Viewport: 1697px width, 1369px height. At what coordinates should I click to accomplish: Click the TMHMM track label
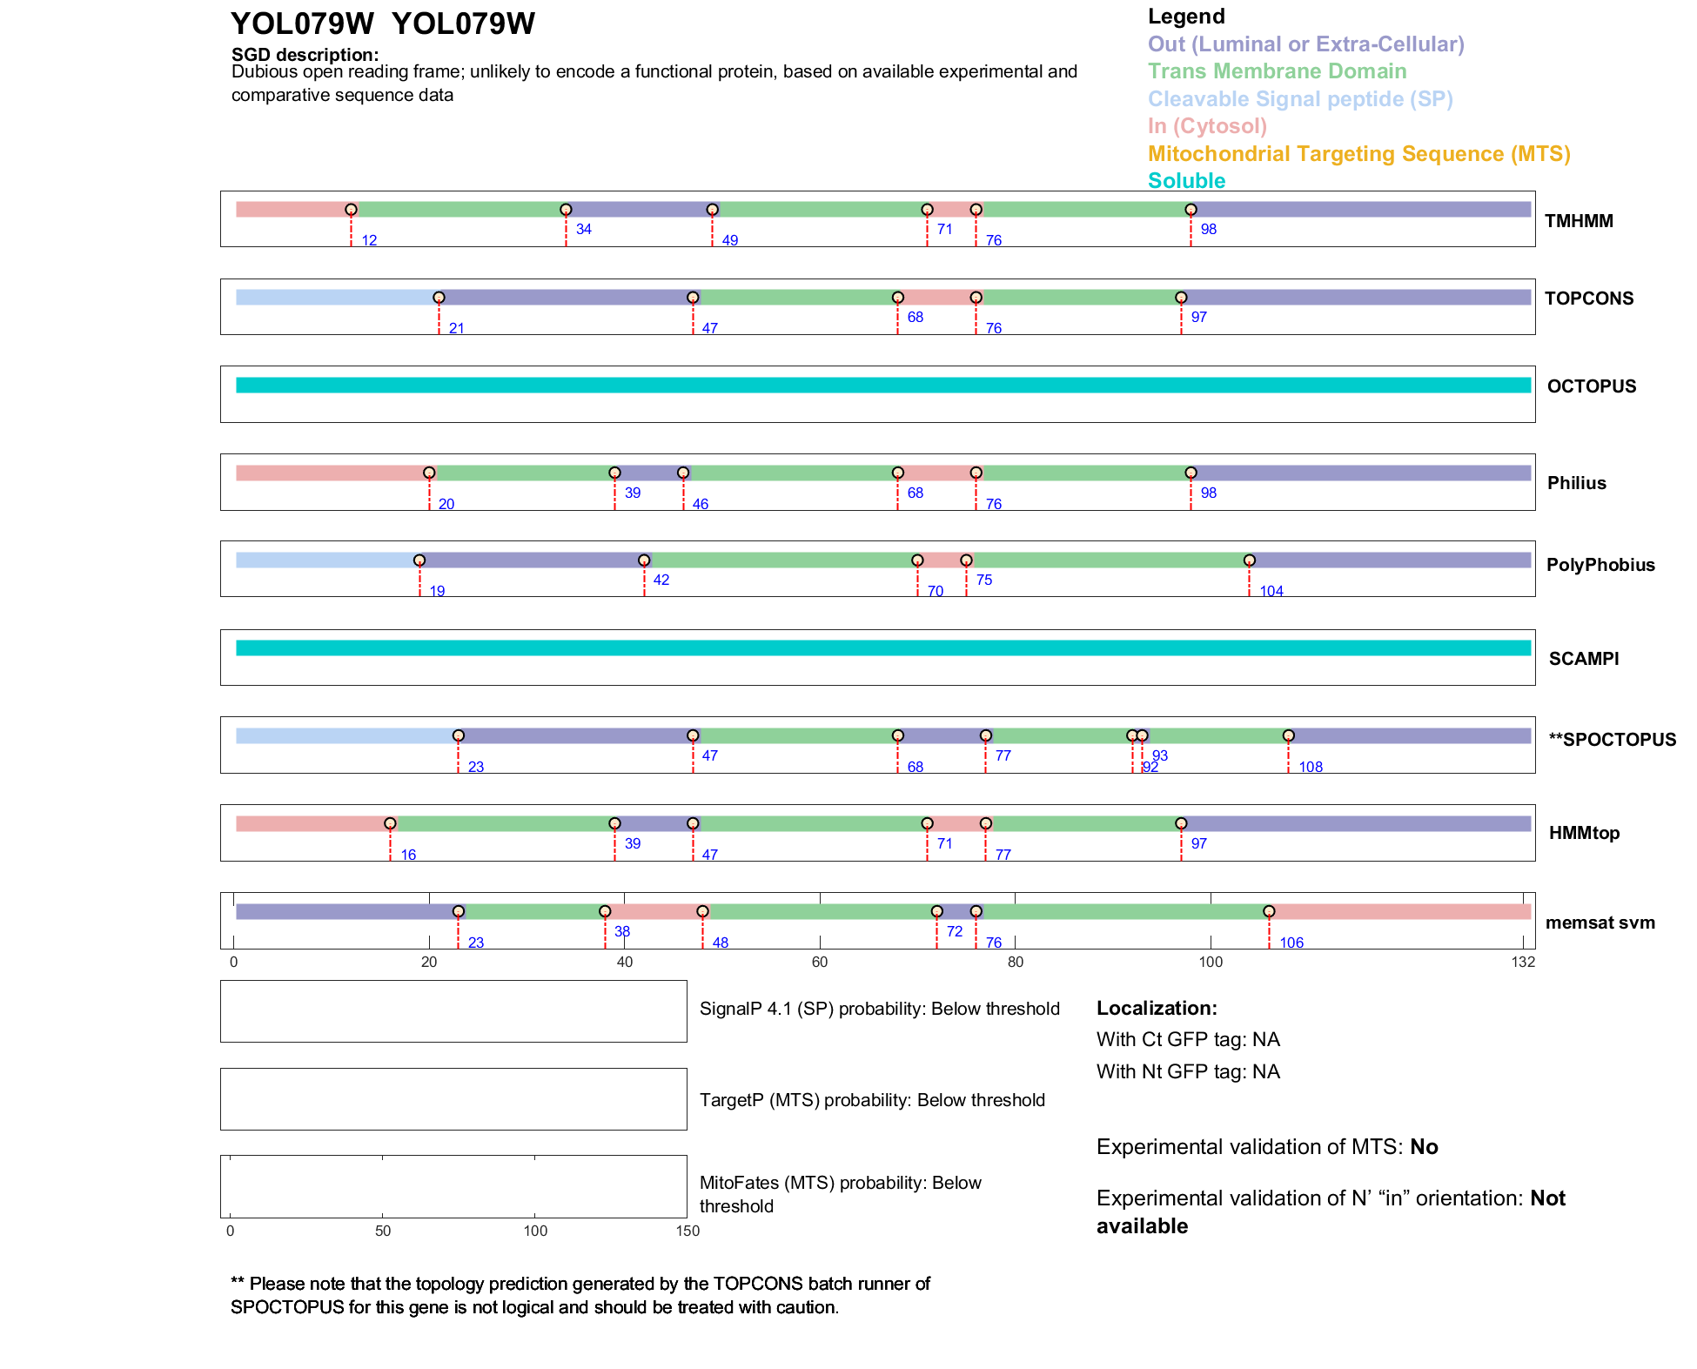click(x=1578, y=221)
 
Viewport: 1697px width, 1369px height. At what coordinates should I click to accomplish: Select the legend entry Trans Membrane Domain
click(x=1277, y=71)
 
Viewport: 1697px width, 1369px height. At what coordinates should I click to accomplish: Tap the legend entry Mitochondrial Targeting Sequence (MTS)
click(x=1358, y=154)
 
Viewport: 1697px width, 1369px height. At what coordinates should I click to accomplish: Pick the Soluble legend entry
click(x=1186, y=181)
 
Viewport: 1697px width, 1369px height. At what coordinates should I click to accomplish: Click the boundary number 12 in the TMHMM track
click(x=369, y=240)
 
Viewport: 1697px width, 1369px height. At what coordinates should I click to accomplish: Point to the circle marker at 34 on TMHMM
click(x=566, y=210)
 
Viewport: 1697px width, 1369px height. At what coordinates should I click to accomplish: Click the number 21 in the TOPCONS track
click(x=456, y=328)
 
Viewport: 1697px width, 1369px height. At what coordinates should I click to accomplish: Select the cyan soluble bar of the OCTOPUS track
click(x=882, y=386)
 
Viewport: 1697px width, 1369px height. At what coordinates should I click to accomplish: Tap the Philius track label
click(x=1576, y=483)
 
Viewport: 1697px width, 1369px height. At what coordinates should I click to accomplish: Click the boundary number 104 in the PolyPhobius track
click(x=1271, y=591)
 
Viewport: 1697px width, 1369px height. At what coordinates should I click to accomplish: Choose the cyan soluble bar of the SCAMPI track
click(x=882, y=648)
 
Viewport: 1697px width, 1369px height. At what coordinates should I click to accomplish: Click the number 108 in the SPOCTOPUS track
click(x=1310, y=767)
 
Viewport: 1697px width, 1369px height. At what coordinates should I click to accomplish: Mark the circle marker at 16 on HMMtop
click(x=390, y=823)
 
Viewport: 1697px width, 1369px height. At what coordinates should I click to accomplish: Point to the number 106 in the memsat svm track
click(x=1291, y=943)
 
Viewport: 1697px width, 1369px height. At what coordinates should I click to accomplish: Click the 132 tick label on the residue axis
click(x=1523, y=962)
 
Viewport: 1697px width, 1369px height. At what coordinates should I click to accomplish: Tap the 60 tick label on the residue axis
click(x=819, y=962)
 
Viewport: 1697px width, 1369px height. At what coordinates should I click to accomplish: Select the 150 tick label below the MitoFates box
click(x=688, y=1231)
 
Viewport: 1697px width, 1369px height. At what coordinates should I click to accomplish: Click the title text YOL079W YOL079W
click(x=382, y=23)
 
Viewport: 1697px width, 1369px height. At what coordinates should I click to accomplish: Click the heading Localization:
click(x=1156, y=1008)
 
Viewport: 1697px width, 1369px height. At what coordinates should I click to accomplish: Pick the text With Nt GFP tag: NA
click(x=1187, y=1071)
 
